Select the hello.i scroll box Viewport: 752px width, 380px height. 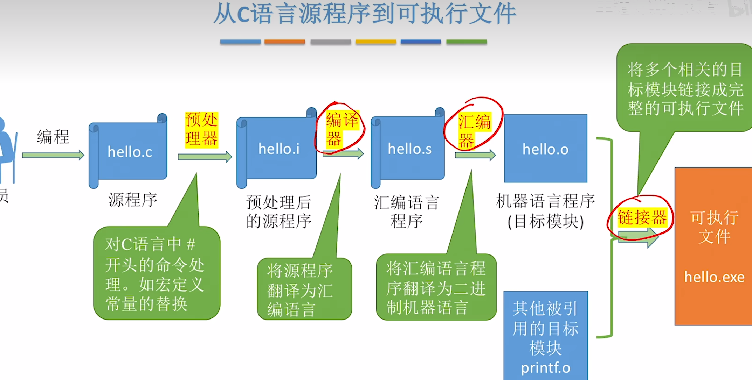(x=278, y=149)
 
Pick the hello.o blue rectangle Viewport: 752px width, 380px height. (x=545, y=149)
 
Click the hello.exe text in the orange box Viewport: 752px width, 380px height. (x=714, y=277)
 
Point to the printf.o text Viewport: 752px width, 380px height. (x=545, y=368)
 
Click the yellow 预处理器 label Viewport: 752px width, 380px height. (x=201, y=130)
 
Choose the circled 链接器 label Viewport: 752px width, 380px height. (x=642, y=218)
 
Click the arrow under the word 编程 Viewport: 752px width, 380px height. (x=53, y=155)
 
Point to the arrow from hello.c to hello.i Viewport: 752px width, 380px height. (x=205, y=157)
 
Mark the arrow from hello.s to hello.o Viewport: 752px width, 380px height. (x=475, y=155)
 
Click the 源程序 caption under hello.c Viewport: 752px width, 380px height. (x=133, y=200)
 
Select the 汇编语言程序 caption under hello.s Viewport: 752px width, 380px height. (x=406, y=211)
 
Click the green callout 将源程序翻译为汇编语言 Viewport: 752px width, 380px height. (x=304, y=289)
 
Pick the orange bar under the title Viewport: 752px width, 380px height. (x=284, y=42)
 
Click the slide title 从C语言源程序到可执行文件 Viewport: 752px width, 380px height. (x=365, y=14)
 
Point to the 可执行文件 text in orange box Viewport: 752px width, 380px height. (x=714, y=227)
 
